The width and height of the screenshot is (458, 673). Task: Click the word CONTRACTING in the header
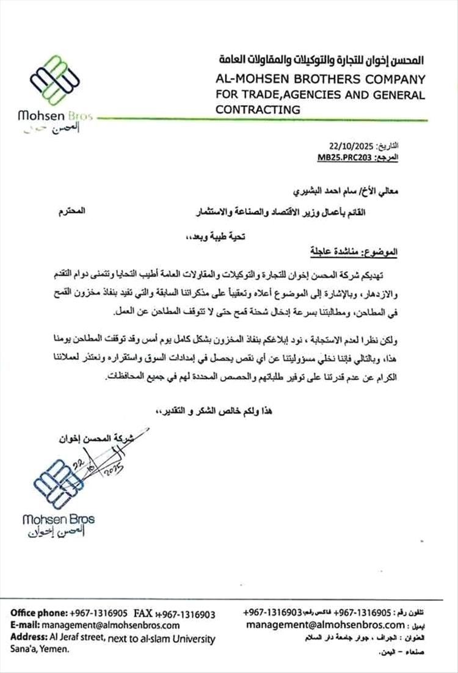click(258, 109)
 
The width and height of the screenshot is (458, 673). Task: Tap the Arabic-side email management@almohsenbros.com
click(325, 625)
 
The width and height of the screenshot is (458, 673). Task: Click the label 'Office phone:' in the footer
click(38, 613)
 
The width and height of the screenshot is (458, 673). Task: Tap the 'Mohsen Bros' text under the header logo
click(56, 115)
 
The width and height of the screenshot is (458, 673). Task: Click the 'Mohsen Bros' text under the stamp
click(58, 520)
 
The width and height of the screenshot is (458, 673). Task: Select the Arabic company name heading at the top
click(319, 61)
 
